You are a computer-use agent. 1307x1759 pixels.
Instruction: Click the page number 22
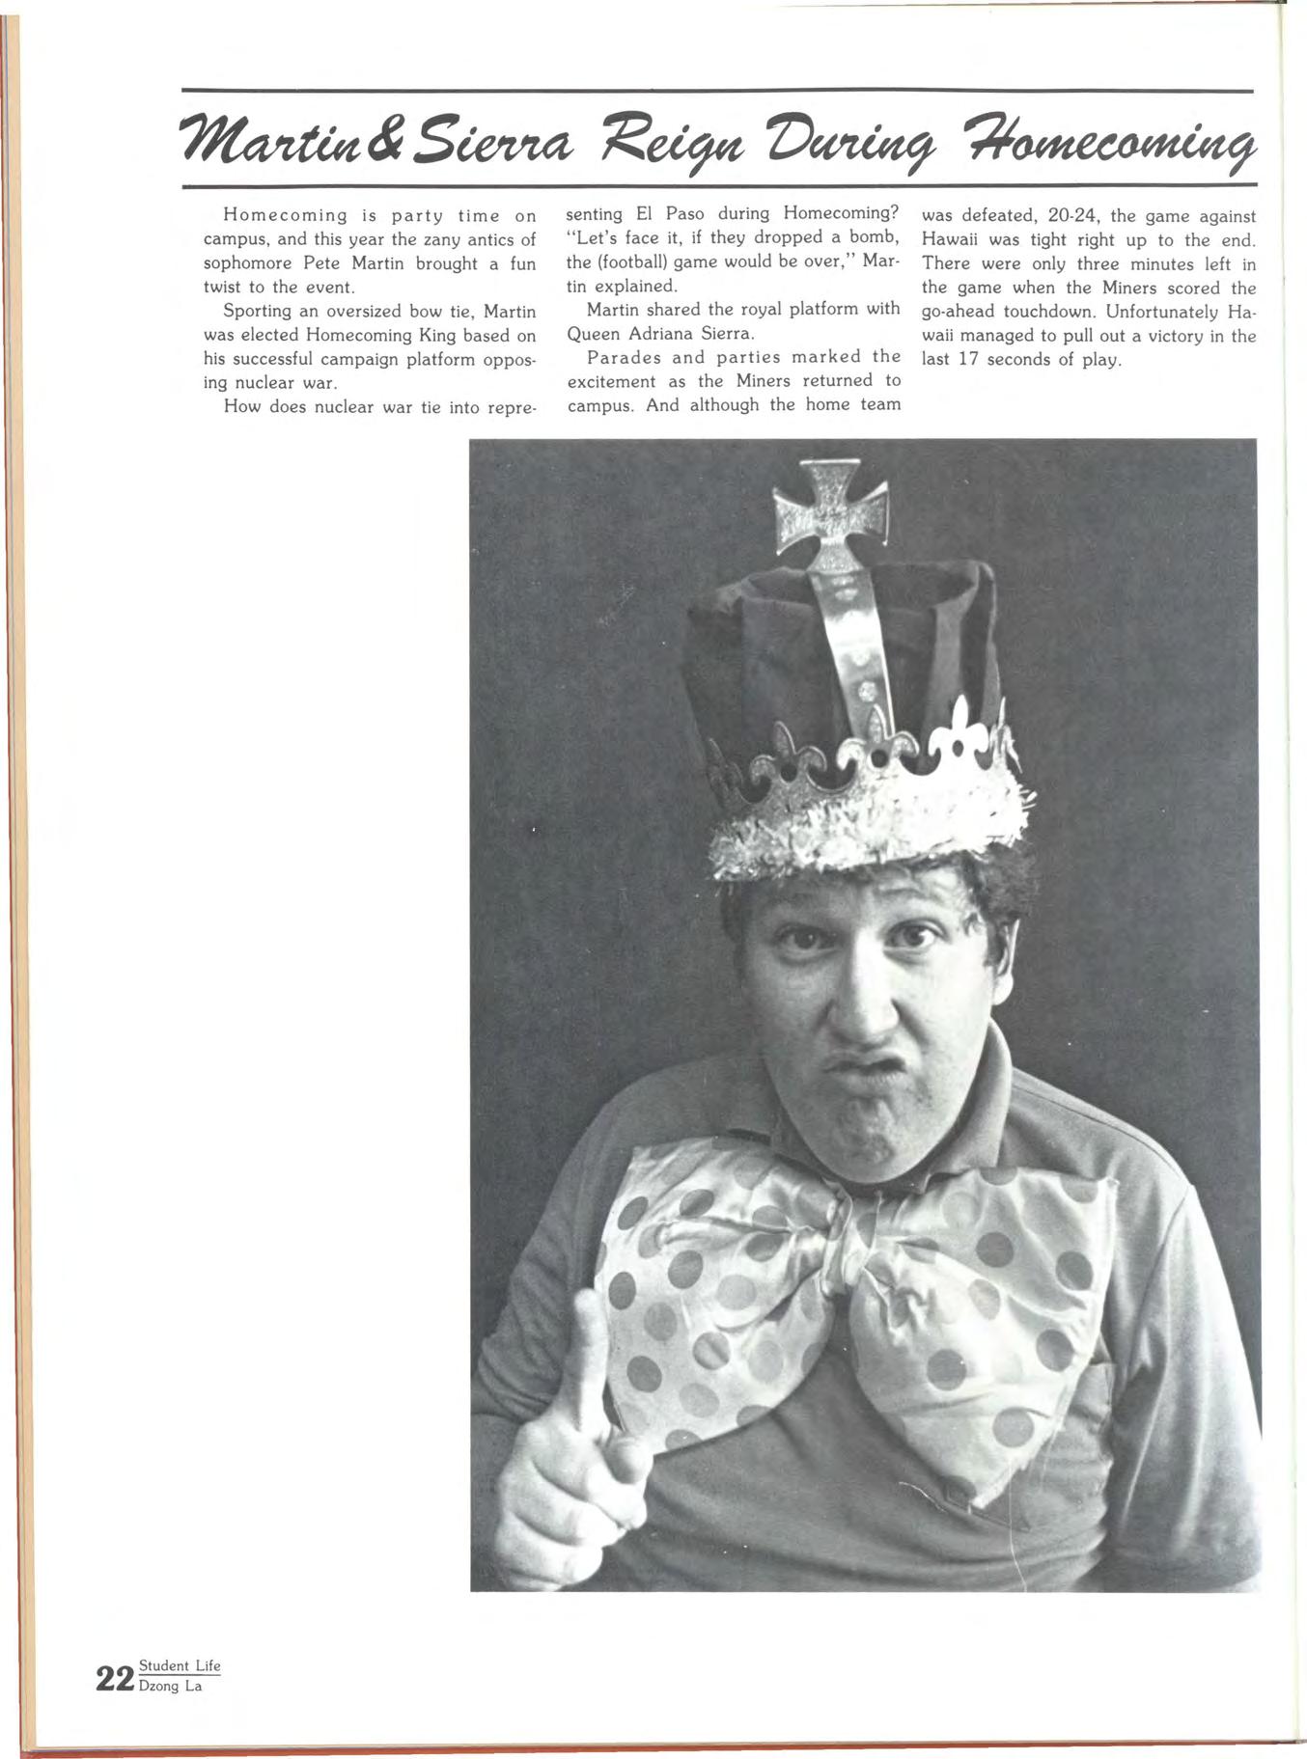tap(115, 1679)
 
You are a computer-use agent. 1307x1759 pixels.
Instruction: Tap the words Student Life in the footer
tap(180, 1665)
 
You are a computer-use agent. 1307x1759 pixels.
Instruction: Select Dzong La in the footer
tap(171, 1687)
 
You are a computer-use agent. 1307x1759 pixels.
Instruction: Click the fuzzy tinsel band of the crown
tap(869, 820)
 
